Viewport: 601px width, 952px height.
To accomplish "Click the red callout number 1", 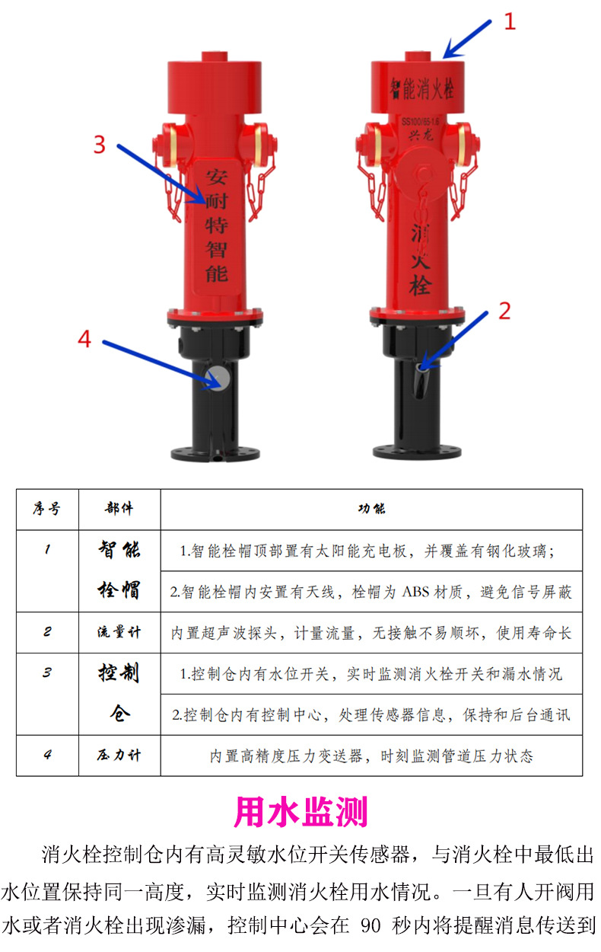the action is point(510,21).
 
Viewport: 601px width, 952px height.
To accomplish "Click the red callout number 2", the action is point(504,311).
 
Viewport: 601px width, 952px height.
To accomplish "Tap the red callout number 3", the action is point(100,145).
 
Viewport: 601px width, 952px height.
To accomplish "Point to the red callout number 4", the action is point(84,339).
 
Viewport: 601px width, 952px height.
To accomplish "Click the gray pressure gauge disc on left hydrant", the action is point(218,377).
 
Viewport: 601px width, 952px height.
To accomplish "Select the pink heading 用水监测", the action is point(300,812).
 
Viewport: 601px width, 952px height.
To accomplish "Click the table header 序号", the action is point(47,508).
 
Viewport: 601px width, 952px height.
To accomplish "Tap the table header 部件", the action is point(119,508).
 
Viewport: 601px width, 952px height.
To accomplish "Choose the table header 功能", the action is point(371,509).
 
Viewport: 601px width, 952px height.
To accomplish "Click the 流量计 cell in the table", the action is point(119,632).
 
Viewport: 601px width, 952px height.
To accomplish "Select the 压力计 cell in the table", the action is point(119,756).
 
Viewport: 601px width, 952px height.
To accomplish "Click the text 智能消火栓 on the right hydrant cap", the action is point(422,89).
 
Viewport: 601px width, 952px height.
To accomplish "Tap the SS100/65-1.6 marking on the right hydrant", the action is point(420,123).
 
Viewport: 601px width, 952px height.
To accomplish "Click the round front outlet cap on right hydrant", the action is point(421,175).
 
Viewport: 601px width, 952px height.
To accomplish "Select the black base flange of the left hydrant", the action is point(215,453).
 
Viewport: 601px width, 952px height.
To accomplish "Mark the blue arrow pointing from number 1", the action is point(467,39).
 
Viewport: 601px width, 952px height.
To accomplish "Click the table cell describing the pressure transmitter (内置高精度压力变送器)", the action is point(371,756).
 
